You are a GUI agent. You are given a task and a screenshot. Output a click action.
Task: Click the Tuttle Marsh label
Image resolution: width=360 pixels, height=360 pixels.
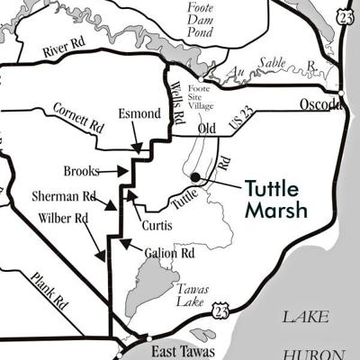pyautogui.click(x=277, y=199)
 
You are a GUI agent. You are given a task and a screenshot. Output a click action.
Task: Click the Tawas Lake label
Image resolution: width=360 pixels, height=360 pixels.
pyautogui.click(x=192, y=294)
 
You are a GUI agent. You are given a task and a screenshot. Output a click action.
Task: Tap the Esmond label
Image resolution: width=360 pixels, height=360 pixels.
pyautogui.click(x=139, y=114)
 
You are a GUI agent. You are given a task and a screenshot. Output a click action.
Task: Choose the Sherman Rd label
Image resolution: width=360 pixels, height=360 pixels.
pyautogui.click(x=63, y=194)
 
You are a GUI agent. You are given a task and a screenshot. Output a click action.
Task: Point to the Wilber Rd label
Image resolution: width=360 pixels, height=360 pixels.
pyautogui.click(x=63, y=218)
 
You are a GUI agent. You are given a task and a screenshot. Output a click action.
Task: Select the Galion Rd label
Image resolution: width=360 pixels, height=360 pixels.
pyautogui.click(x=169, y=253)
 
